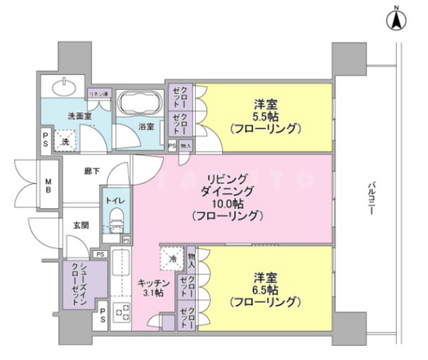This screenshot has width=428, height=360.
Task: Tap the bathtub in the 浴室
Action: coord(140,104)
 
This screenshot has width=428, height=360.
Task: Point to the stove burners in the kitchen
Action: coord(122,311)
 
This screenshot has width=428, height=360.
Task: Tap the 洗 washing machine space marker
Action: coord(65,141)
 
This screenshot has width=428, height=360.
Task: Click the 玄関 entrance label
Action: coord(72,226)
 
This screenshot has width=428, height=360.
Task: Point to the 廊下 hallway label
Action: coord(92,172)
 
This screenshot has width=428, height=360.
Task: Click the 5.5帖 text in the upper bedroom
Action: coord(266,116)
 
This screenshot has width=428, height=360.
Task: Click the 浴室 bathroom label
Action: coord(146,126)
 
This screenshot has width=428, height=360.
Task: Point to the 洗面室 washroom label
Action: coord(79,116)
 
